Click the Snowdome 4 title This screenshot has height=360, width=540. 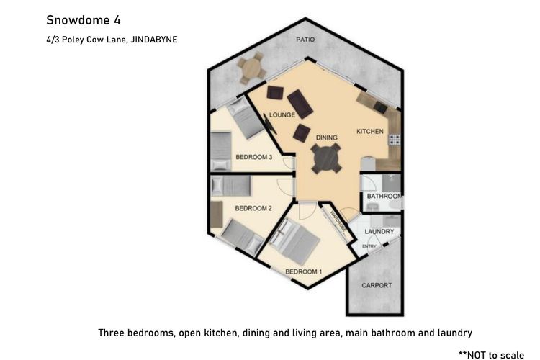coord(84,20)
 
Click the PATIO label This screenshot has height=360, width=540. coord(305,40)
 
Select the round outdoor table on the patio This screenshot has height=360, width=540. coord(252,68)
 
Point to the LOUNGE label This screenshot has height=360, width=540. coord(282,114)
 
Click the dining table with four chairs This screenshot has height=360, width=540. coord(326,158)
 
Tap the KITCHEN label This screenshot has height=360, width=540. coord(370,131)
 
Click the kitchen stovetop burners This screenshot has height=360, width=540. coord(395,140)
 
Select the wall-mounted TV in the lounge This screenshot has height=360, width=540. coord(270,124)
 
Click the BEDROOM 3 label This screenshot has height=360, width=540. coord(254,157)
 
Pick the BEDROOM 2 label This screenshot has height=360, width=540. coord(253,208)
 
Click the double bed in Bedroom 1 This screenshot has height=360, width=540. coord(294,240)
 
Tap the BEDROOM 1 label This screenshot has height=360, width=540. coord(303,272)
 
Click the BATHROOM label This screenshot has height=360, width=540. coord(384,196)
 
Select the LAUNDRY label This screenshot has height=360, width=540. coord(379,232)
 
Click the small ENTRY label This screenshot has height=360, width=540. coord(369,246)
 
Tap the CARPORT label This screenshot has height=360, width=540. coord(377,285)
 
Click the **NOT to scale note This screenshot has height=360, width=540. coord(492,354)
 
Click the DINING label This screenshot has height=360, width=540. coord(326,138)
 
